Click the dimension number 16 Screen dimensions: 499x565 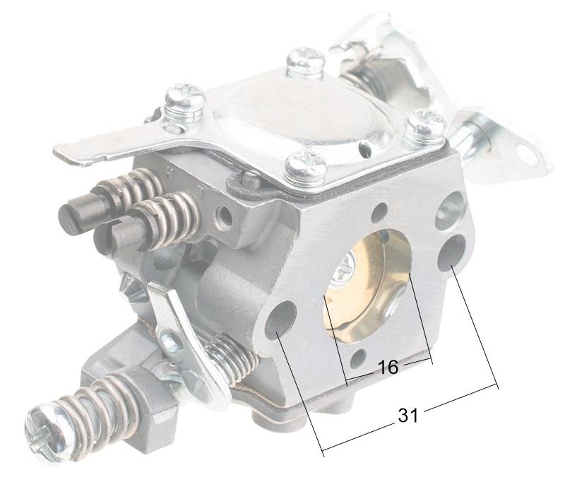click(x=388, y=367)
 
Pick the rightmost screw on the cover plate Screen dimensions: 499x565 click(x=425, y=126)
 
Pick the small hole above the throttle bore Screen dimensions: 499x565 click(x=381, y=211)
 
